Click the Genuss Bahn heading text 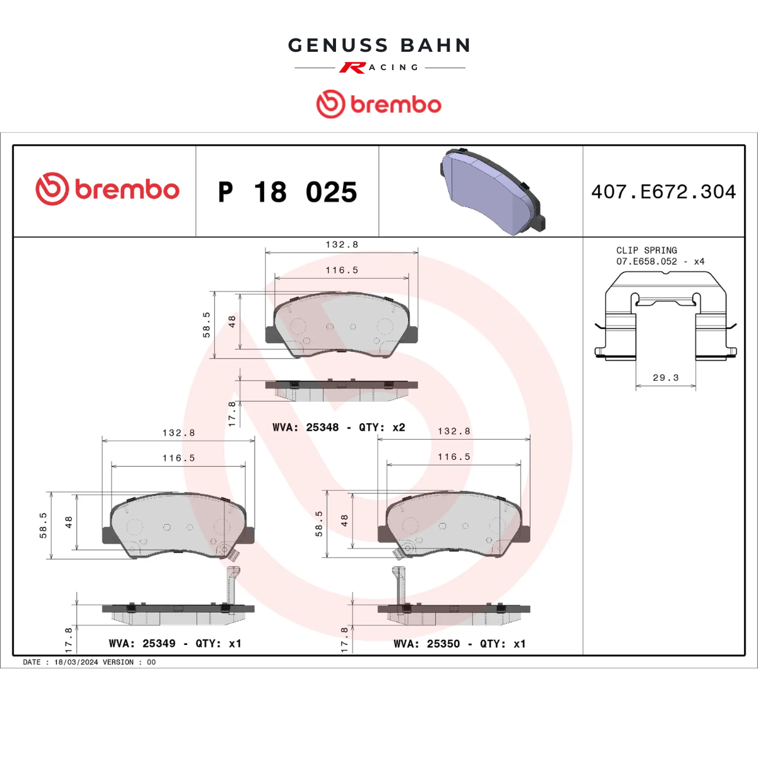379,45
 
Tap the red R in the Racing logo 352,68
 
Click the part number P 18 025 287,192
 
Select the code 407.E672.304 664,191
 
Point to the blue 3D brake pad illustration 493,192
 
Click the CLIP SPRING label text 647,250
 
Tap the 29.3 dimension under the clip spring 666,378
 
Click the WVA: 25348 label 306,427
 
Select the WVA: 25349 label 142,644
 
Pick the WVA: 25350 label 427,644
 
